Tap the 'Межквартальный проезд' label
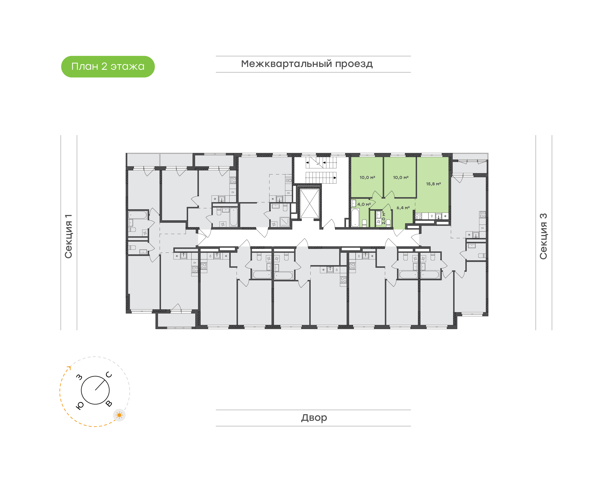[x=307, y=64]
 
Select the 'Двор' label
[x=314, y=417]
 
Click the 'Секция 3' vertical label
[x=543, y=236]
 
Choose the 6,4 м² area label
[x=403, y=208]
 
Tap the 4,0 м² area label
[x=364, y=204]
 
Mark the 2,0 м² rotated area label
[x=383, y=218]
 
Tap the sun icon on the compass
[x=119, y=415]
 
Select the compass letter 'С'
[x=109, y=375]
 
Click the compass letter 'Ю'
[x=80, y=405]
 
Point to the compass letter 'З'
[x=80, y=377]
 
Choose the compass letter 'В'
[x=109, y=404]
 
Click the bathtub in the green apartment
[x=355, y=217]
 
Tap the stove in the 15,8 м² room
[x=419, y=216]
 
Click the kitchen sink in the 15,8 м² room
[x=439, y=216]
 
